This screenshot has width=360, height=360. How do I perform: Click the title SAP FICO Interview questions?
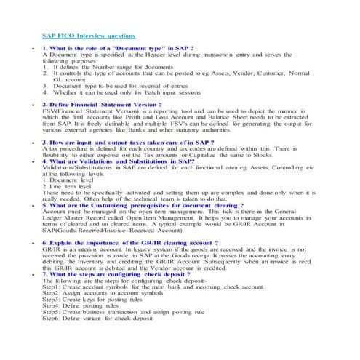click(x=88, y=35)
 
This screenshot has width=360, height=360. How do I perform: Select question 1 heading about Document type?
click(x=118, y=47)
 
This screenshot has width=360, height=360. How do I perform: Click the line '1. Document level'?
click(x=68, y=180)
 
